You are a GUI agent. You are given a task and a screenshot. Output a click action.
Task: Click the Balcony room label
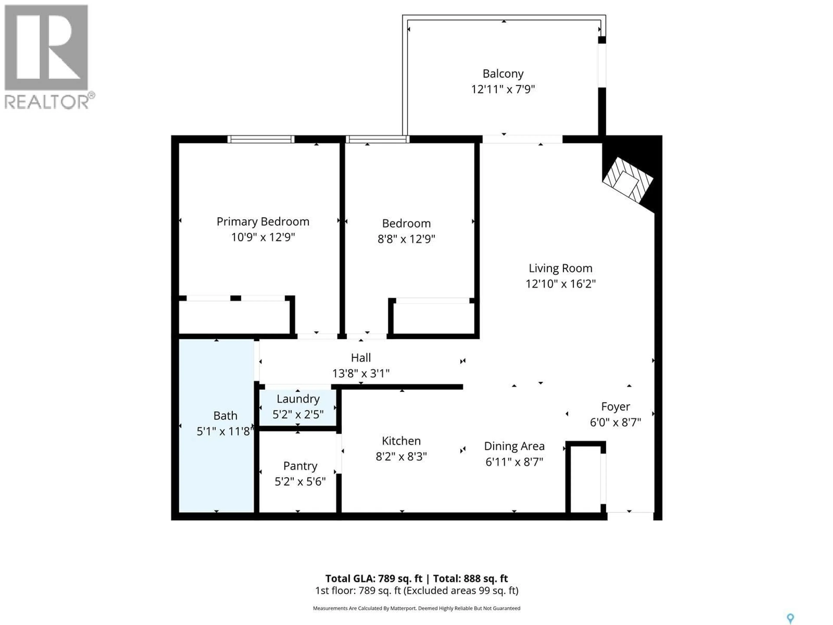[x=503, y=74]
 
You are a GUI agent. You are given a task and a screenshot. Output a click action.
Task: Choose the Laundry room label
[x=298, y=399]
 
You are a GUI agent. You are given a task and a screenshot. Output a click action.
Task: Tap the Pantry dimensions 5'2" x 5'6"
[x=300, y=482]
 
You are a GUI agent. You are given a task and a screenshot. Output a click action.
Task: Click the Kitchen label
[x=401, y=441]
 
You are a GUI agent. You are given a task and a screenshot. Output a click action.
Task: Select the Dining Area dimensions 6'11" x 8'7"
[x=514, y=462]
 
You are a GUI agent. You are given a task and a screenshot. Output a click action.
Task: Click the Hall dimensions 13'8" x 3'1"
[x=360, y=373]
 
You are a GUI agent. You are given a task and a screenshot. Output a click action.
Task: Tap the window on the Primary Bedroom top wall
[x=261, y=139]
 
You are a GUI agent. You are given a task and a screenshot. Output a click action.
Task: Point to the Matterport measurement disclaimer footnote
[x=416, y=608]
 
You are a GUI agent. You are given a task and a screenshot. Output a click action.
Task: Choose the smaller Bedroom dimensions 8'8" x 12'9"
[x=406, y=239]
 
